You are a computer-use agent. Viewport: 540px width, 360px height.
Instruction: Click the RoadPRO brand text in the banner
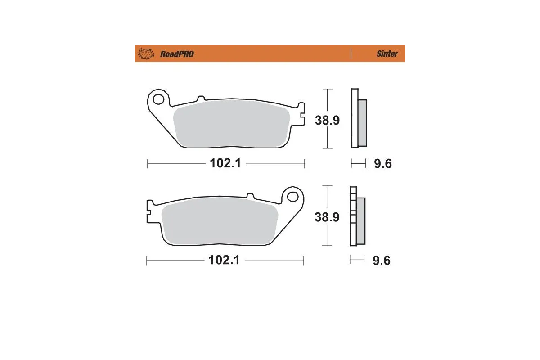click(x=177, y=54)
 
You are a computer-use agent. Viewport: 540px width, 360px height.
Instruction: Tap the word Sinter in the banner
click(x=387, y=54)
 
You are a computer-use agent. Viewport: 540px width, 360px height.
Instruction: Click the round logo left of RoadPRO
click(x=146, y=54)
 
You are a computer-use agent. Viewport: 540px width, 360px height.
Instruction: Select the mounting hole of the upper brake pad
click(x=158, y=98)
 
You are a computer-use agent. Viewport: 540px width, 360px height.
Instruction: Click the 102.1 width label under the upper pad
click(x=225, y=163)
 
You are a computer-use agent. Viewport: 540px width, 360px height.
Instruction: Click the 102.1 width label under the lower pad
click(x=224, y=261)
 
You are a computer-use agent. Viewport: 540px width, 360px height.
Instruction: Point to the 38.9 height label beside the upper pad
click(x=327, y=120)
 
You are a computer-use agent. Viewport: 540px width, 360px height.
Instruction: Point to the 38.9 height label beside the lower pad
click(x=327, y=217)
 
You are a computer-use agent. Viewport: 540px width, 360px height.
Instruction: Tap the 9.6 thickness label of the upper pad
click(x=383, y=164)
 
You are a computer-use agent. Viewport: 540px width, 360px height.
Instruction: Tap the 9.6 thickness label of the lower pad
click(x=382, y=261)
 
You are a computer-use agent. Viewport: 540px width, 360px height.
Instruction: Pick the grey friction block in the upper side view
click(x=362, y=122)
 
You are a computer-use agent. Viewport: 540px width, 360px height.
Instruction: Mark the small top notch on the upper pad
click(x=201, y=98)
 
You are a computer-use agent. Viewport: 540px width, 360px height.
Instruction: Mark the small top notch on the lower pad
click(x=250, y=196)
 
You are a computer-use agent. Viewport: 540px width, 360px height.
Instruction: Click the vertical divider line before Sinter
click(x=351, y=54)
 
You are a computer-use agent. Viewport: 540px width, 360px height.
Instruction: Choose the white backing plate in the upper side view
click(x=354, y=118)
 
